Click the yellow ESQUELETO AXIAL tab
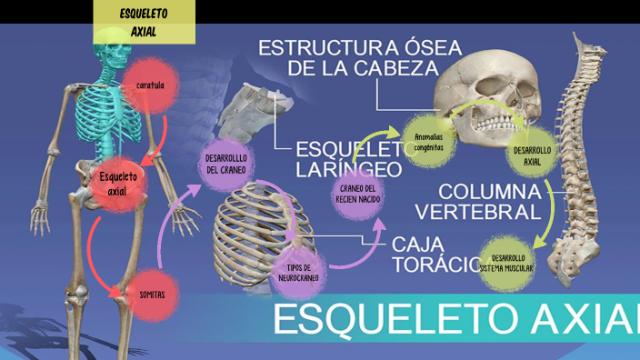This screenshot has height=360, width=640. point(145,22)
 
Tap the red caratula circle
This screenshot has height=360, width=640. point(150,85)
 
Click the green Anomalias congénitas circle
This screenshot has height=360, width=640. point(428,142)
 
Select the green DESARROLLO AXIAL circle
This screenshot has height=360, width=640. point(532,157)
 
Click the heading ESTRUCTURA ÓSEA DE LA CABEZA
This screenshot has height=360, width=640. point(361,57)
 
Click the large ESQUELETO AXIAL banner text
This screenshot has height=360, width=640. point(455,320)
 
